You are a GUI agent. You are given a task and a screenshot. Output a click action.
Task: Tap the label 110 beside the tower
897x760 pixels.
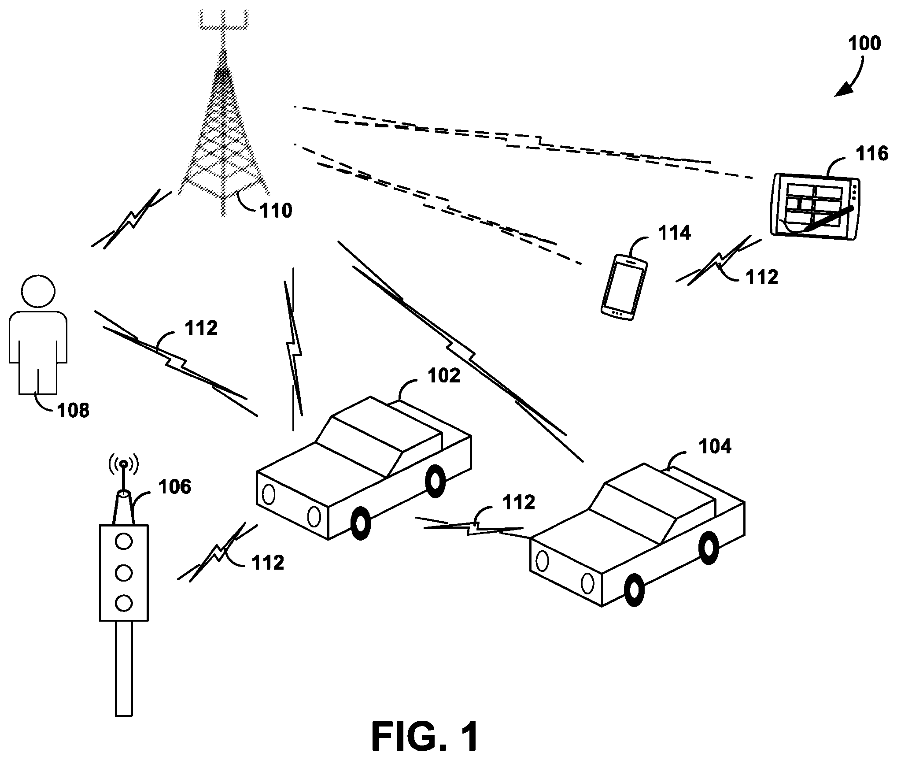click(276, 211)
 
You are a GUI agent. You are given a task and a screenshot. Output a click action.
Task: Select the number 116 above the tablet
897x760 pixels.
click(871, 154)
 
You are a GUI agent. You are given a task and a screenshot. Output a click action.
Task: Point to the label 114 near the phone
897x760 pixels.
click(675, 233)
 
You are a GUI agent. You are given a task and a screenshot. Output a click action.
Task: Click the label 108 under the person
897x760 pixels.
click(74, 410)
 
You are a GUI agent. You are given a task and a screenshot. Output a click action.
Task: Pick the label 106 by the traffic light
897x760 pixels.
click(175, 487)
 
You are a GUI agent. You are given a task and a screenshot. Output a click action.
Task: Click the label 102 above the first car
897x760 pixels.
click(444, 376)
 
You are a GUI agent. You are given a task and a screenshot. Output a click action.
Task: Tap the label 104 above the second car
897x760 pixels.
click(715, 446)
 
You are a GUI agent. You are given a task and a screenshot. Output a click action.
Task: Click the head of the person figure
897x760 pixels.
click(38, 291)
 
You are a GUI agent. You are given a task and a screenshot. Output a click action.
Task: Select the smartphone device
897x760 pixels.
click(624, 287)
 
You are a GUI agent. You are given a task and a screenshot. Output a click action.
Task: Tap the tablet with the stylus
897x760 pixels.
click(815, 207)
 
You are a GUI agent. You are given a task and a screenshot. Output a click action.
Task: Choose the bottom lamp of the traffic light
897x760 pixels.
click(124, 602)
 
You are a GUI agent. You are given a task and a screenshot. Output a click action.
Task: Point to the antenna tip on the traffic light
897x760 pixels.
click(124, 463)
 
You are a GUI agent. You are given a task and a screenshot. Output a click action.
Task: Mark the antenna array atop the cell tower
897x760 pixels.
click(223, 20)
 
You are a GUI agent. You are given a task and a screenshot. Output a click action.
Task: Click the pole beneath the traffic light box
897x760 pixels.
click(124, 674)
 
